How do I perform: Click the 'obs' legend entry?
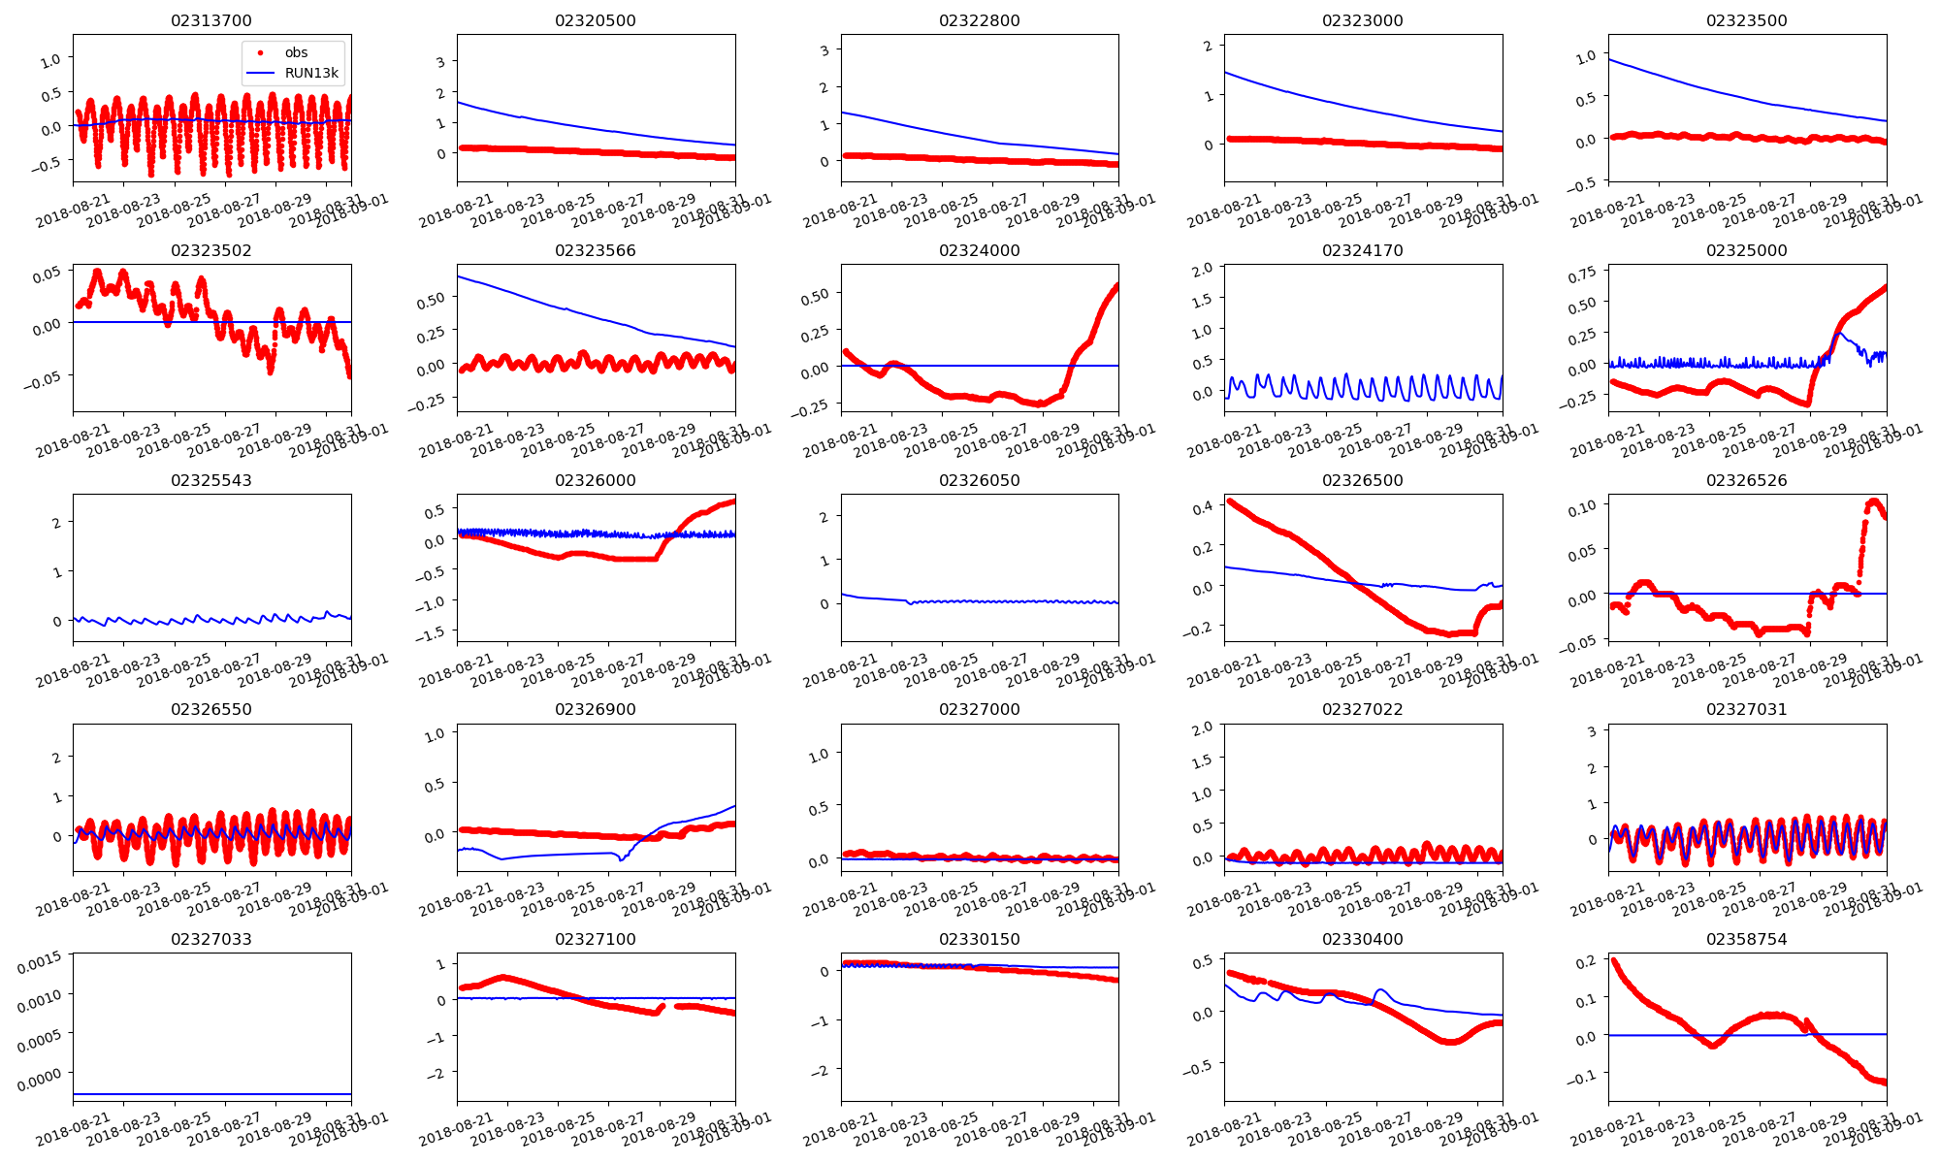[296, 52]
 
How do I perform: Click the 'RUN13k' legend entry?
[311, 73]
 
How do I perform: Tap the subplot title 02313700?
[211, 20]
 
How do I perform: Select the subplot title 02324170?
[1363, 250]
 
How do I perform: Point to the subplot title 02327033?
[211, 939]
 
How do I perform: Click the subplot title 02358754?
[1746, 939]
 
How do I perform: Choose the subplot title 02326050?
[980, 480]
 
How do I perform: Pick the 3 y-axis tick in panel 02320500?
[440, 62]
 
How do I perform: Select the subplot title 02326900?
[596, 709]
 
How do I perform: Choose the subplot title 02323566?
[596, 250]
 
